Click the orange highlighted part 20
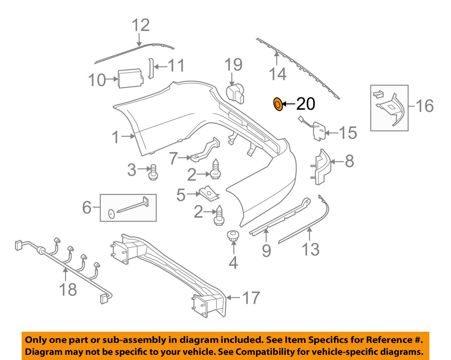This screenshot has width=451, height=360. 278,104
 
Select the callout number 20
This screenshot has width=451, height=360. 305,104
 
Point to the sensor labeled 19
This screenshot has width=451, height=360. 235,92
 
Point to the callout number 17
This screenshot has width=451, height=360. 251,298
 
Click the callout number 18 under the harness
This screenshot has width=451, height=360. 68,289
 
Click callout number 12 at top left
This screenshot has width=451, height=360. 141,25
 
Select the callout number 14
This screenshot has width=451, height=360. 277,74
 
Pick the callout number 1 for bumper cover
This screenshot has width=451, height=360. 116,137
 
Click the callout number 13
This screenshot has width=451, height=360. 310,249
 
